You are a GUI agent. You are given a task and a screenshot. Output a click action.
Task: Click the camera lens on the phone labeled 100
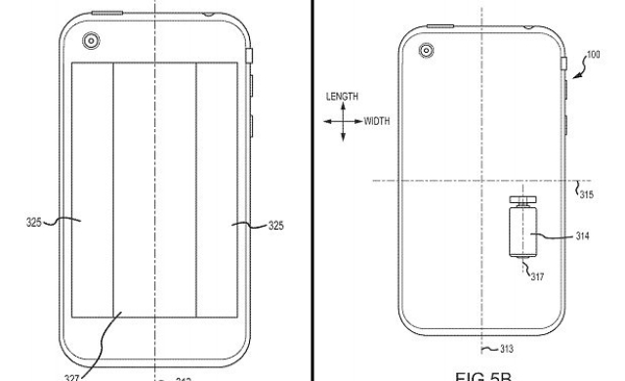[426, 50]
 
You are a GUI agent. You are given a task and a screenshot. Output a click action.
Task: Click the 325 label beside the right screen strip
[275, 225]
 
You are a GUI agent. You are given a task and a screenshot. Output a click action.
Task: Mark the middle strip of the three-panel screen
[154, 195]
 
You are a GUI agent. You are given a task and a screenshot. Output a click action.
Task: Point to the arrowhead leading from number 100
[575, 68]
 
